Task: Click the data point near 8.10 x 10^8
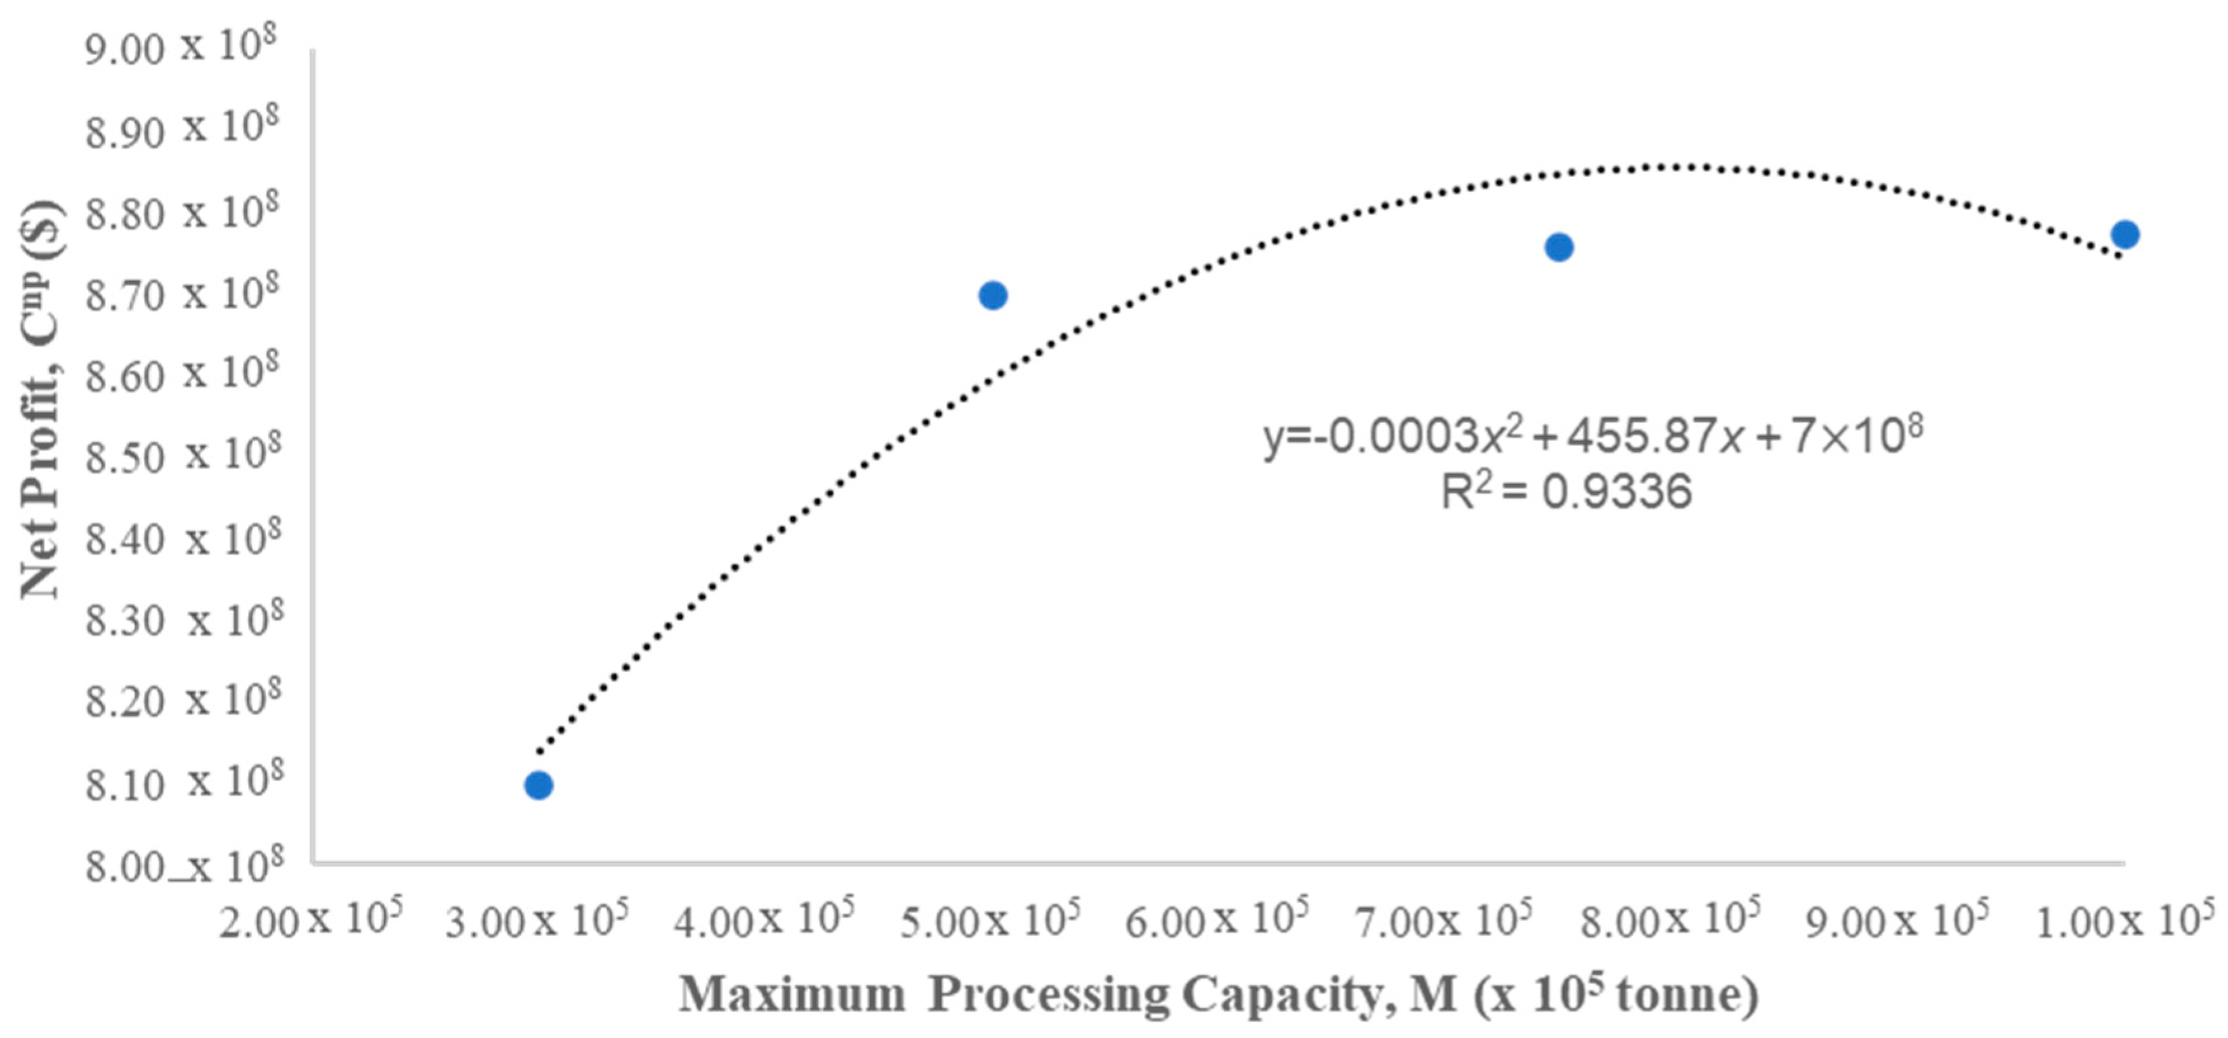pos(538,785)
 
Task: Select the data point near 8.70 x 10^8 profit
pos(993,296)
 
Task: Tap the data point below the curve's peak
pos(1559,247)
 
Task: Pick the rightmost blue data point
pos(2124,234)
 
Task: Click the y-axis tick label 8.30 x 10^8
pos(183,619)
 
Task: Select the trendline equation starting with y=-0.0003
pos(1592,435)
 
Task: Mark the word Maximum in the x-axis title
pos(791,995)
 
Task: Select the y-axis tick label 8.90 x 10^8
pos(181,129)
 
